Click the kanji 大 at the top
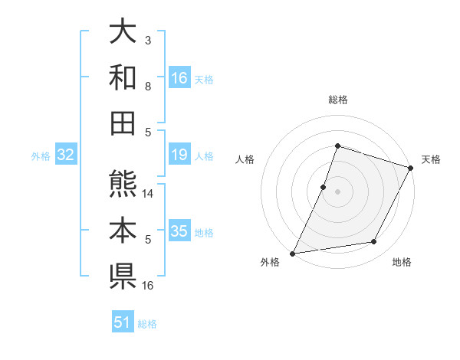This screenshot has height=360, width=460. [x=123, y=33]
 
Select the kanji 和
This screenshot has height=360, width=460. [x=123, y=77]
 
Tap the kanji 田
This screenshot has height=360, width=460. [x=123, y=121]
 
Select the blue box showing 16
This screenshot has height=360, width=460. [x=179, y=78]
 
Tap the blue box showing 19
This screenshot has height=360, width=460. [x=179, y=155]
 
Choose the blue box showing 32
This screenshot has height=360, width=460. [x=65, y=155]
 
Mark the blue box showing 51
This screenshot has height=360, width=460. [x=123, y=322]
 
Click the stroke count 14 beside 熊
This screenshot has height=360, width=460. [x=149, y=195]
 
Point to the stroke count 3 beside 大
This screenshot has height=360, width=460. [x=148, y=40]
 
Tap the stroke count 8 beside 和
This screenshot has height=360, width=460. [x=148, y=86]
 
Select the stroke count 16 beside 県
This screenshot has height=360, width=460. [x=149, y=285]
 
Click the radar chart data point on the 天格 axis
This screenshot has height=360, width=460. [x=411, y=169]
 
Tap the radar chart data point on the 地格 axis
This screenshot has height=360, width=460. [x=374, y=242]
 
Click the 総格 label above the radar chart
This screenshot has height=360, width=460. [x=337, y=100]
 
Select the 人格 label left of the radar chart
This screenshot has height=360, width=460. [x=245, y=159]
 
